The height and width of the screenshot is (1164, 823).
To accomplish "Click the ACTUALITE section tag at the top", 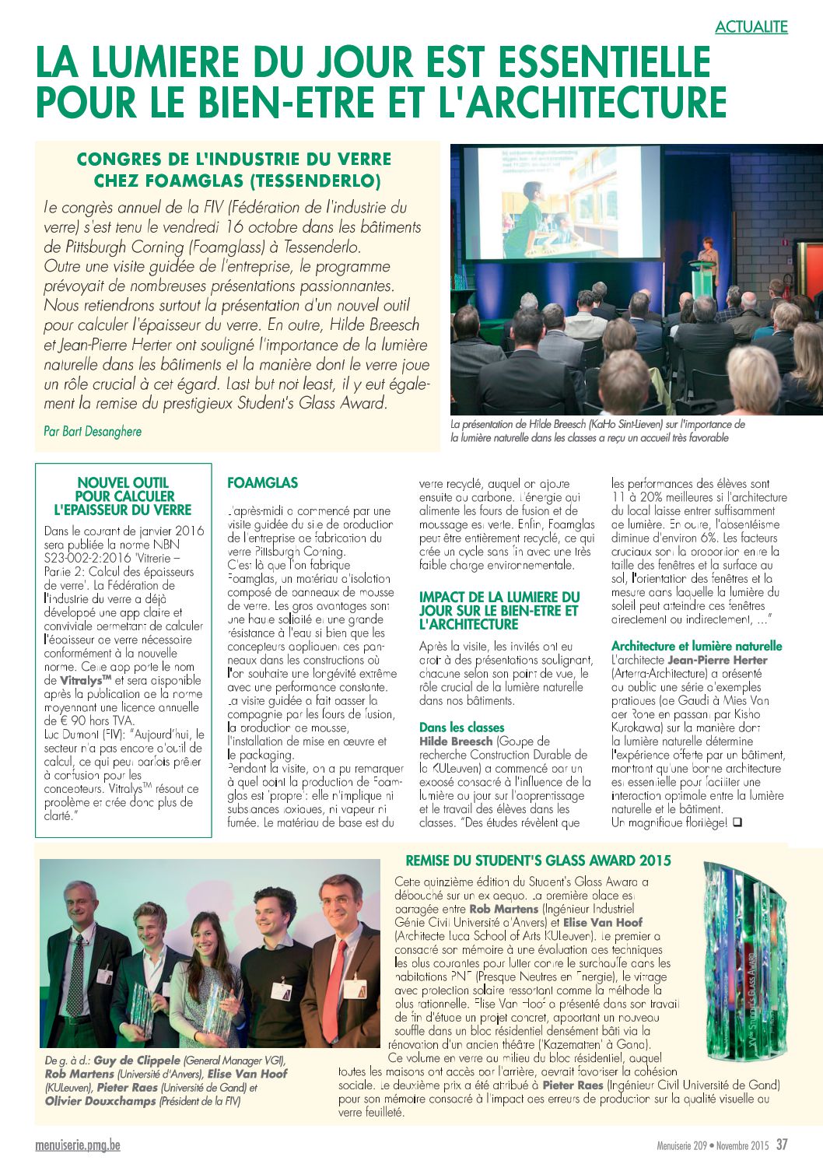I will (x=751, y=26).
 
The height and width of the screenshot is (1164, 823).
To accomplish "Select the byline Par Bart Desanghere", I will (x=93, y=431).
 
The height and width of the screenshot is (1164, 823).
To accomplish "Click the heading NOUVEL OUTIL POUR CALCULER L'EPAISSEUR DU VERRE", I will (x=123, y=496).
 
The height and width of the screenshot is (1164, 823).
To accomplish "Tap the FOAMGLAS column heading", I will (x=262, y=483).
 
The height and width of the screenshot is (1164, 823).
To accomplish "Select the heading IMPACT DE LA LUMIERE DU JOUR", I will (x=499, y=610).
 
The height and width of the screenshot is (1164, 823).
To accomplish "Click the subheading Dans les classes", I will (x=461, y=727).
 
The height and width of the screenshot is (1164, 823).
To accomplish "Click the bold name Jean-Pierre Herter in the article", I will (x=717, y=660).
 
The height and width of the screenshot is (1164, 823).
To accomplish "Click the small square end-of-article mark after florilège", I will (x=737, y=822).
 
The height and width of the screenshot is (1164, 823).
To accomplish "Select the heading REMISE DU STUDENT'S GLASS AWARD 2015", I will (x=538, y=861).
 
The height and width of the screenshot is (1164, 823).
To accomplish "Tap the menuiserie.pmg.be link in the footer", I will (x=78, y=1145).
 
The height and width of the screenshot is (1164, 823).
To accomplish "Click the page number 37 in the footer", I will (x=782, y=1145).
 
